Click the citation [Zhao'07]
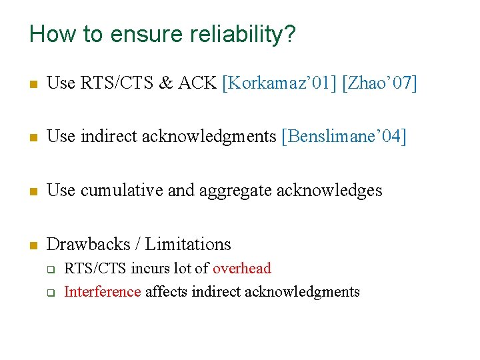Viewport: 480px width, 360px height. [379, 83]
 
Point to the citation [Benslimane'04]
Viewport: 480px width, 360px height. [344, 137]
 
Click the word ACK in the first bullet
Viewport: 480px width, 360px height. [197, 83]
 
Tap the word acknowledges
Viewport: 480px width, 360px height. [329, 191]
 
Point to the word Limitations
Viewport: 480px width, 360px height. [188, 245]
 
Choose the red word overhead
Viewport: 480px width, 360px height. [241, 269]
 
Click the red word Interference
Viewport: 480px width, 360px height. [103, 291]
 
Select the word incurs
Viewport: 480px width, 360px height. [149, 269]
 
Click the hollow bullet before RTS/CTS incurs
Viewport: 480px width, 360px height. [49, 269]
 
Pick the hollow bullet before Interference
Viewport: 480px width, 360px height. [49, 293]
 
